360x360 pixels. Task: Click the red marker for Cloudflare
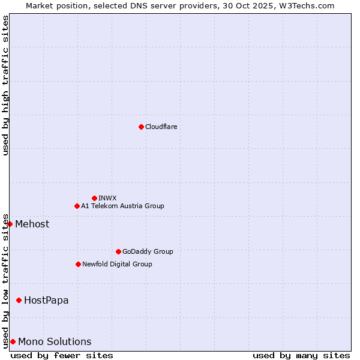coord(141,127)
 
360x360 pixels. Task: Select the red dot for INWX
coord(94,198)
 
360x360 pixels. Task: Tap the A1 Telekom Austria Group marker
coord(77,206)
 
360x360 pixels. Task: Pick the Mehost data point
coord(10,224)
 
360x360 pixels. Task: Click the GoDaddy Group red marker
coord(118,251)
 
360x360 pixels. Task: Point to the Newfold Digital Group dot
coord(78,264)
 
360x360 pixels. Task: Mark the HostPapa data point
coord(19,300)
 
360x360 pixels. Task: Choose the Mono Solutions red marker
coord(13,341)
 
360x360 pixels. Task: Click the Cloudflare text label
coord(161,127)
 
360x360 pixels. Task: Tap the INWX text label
coord(107,198)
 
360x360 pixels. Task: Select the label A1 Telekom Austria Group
coord(122,206)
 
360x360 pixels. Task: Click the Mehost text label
coord(32,224)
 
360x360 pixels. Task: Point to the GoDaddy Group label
coord(148,251)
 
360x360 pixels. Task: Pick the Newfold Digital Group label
coord(117,264)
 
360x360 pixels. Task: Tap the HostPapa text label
coord(46,300)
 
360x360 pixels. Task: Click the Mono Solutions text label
coord(55,341)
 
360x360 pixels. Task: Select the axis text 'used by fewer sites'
coord(62,355)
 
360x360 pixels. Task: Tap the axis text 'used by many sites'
coord(301,355)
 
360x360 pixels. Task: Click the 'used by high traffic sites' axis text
coord(5,85)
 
